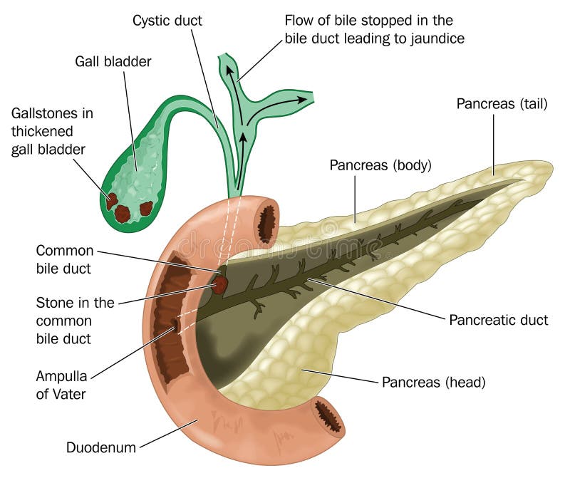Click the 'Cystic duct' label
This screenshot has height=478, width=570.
167,20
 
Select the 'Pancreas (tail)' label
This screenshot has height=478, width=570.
502,104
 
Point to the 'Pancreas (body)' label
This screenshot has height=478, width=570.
380,166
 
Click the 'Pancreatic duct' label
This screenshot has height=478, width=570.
499,320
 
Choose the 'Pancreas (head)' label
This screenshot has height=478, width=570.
434,382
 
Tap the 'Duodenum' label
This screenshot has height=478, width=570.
100,447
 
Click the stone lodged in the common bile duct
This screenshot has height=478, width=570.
219,285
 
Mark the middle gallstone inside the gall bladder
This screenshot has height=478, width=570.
123,213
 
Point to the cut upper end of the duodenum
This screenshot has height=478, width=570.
267,223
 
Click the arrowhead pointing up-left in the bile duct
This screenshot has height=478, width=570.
230,70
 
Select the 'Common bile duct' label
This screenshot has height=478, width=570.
65,259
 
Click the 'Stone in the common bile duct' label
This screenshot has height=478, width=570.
75,320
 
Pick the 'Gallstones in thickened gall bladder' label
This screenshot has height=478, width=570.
52,131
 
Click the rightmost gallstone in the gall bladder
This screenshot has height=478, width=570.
146,208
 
